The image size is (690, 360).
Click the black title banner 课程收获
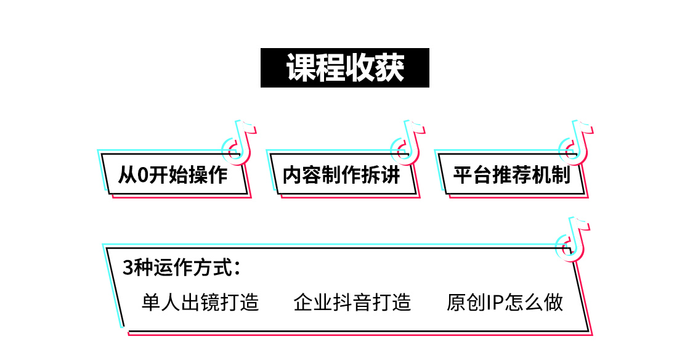pos(345,68)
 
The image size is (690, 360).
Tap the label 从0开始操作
pos(173,175)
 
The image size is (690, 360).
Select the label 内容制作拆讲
pos(341,175)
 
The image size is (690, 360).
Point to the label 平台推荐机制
pos(511,175)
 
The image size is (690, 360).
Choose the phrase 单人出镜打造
pos(200,303)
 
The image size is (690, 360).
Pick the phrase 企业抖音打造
pos(352,303)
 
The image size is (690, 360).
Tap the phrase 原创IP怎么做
pos(505,303)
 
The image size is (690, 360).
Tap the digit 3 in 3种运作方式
pos(128,269)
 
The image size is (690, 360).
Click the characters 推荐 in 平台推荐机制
pos(511,175)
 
